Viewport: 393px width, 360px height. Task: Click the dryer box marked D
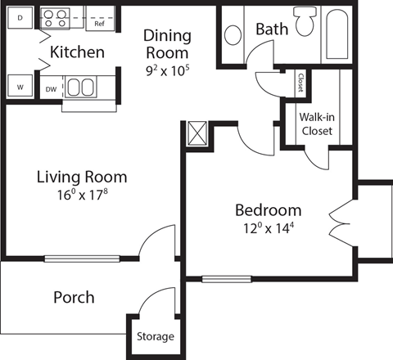point(20,17)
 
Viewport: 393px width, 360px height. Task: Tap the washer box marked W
point(20,86)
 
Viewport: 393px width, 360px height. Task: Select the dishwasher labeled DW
point(51,88)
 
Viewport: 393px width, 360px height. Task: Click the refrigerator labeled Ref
point(99,23)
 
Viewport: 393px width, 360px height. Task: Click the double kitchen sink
point(79,88)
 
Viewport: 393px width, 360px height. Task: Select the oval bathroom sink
point(234,34)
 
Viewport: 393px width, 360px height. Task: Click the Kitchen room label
point(77,53)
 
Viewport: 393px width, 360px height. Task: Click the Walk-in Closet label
point(315,123)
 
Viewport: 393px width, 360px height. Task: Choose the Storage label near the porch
point(154,336)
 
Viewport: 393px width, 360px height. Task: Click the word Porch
point(75,297)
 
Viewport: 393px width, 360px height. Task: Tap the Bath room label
point(272,29)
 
